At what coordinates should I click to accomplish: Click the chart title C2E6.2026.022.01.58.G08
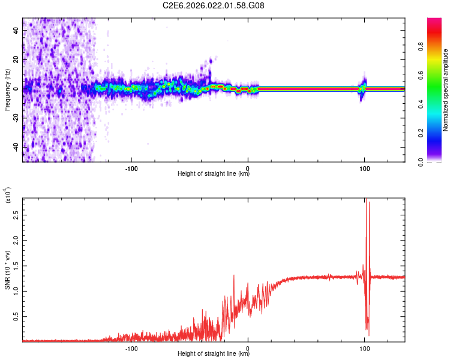pos(214,6)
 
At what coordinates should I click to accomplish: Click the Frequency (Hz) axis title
pos(7,89)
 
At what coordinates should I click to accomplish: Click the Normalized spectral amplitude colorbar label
pos(446,90)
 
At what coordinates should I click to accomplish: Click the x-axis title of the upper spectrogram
pos(214,174)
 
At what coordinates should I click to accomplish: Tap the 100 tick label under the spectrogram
pos(364,167)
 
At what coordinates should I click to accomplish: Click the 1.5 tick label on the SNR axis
pos(16,265)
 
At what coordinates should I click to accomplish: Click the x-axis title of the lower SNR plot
pos(214,353)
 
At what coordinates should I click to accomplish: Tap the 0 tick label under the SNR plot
pos(248,347)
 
